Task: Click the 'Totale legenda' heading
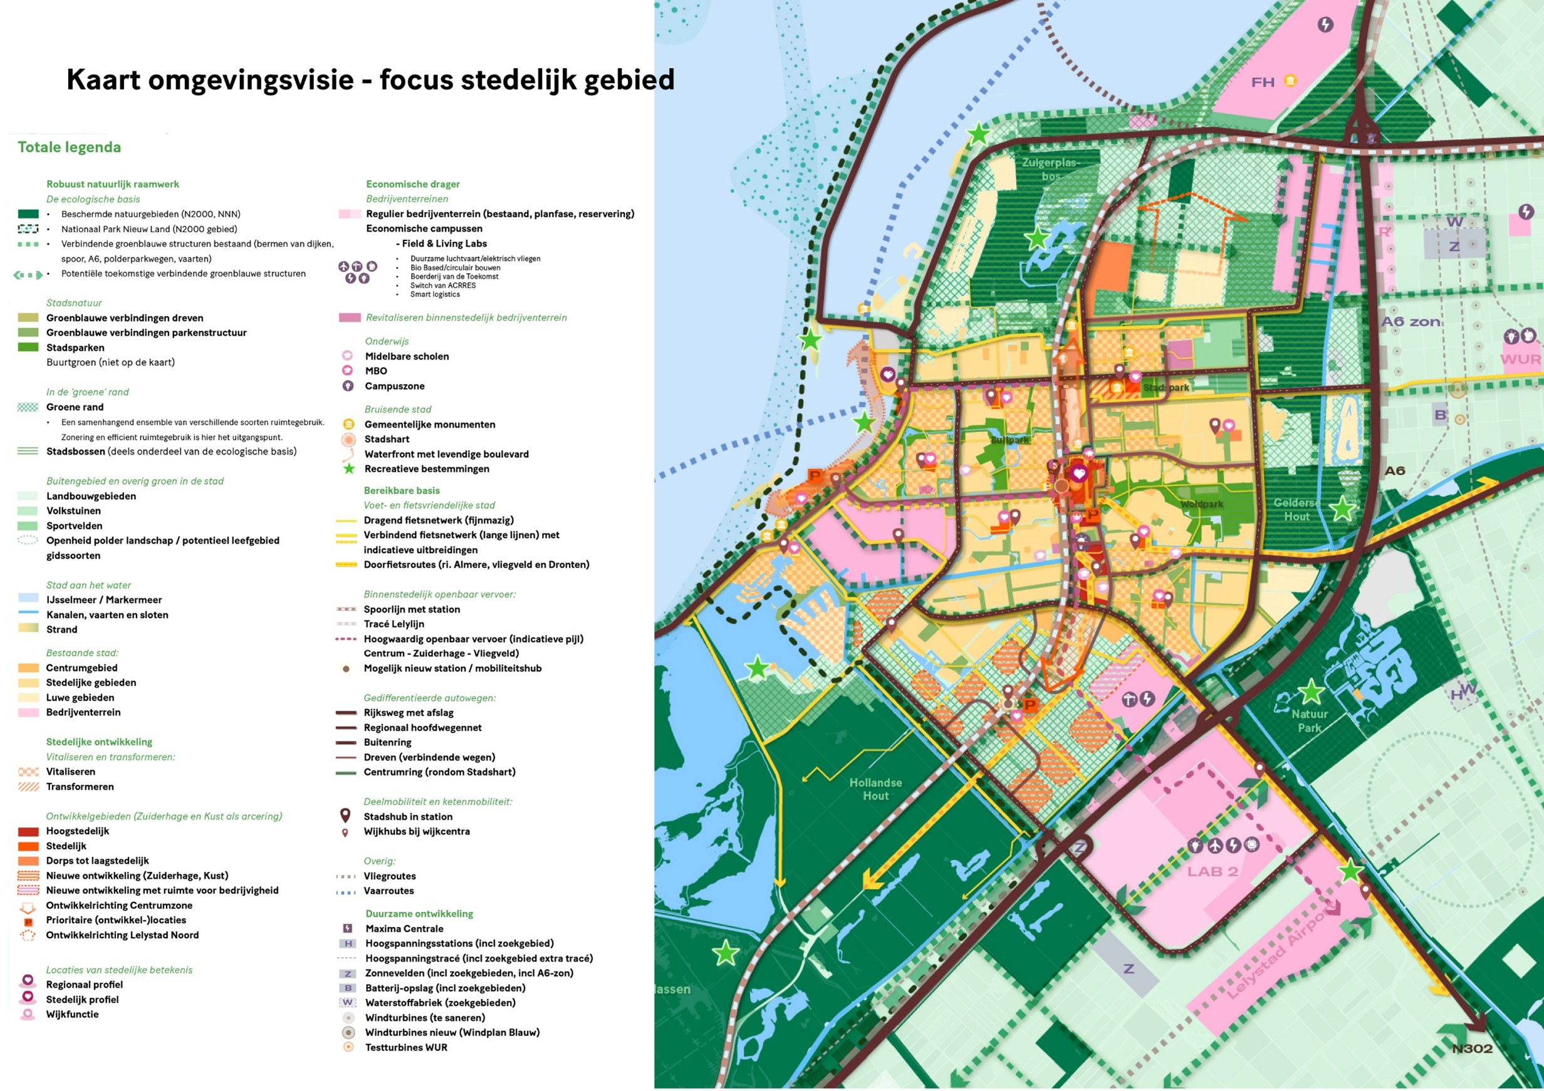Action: point(70,147)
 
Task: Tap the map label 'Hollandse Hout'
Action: point(875,789)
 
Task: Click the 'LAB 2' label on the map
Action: point(1213,871)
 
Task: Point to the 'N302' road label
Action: point(1472,1048)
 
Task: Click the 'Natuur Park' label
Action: point(1309,721)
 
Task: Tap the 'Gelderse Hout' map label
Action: point(1296,510)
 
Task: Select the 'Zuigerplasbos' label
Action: point(1050,168)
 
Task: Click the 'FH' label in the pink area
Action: point(1262,82)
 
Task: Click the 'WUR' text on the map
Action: point(1520,359)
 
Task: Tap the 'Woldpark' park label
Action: point(1201,504)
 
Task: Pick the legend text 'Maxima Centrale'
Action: point(404,928)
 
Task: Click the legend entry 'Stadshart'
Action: point(387,439)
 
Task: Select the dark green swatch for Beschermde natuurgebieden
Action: point(28,214)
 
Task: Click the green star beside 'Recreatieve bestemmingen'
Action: point(348,468)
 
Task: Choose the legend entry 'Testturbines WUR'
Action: point(405,1047)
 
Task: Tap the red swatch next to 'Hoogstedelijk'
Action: point(28,832)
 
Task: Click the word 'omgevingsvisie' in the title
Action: point(250,80)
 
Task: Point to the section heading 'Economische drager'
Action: point(413,184)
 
